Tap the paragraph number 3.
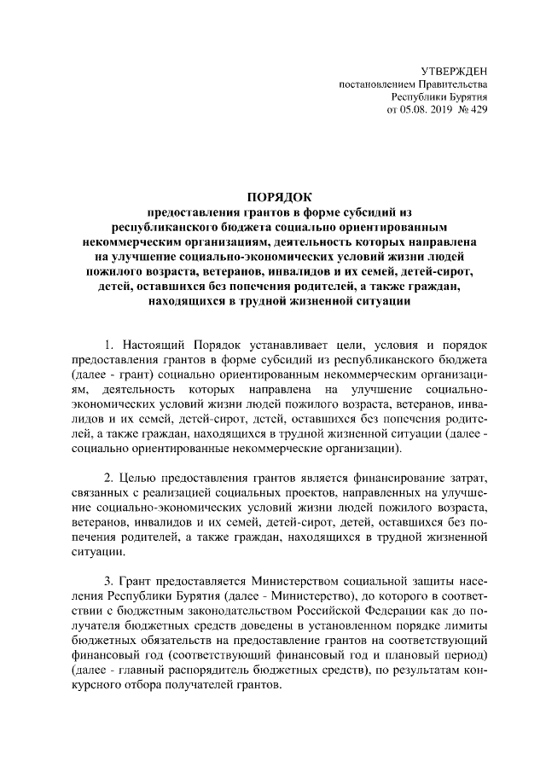[x=108, y=582]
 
